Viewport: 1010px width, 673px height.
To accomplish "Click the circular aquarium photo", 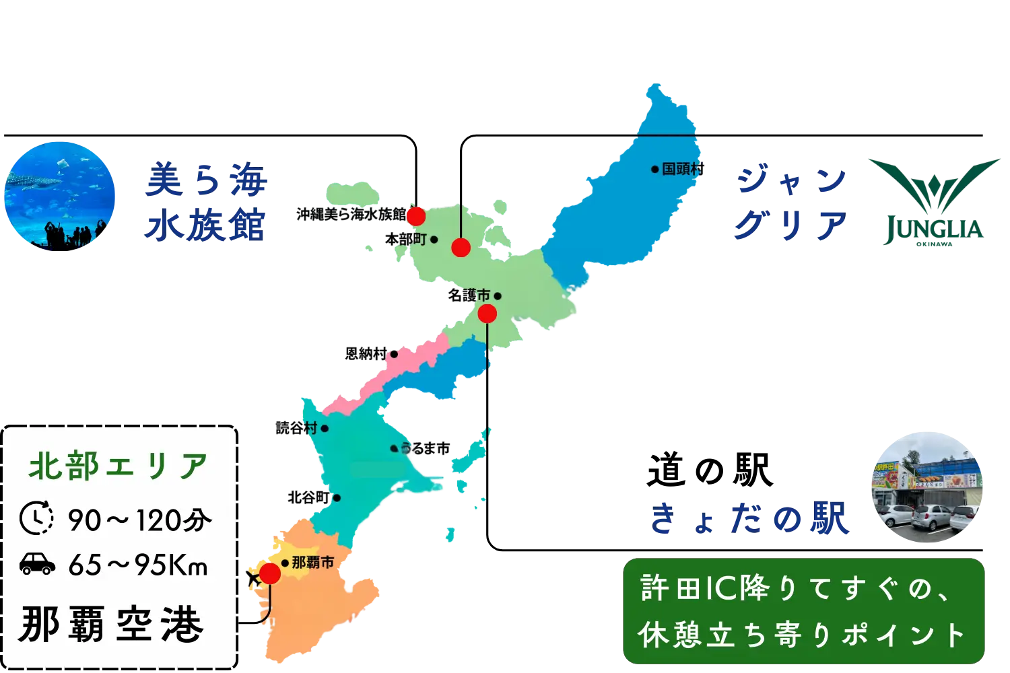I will (59, 195).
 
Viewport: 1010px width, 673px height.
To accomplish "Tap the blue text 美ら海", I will (205, 182).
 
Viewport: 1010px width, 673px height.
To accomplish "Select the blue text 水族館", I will (205, 225).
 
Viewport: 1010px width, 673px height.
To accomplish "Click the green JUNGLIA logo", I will (933, 202).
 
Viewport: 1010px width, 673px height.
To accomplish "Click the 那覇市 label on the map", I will (312, 563).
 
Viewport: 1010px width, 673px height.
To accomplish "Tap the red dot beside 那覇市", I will (270, 574).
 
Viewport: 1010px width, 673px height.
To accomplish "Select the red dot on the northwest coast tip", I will (415, 216).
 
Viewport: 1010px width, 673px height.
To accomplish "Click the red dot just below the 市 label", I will (487, 314).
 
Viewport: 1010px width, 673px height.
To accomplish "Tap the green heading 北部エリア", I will (119, 466).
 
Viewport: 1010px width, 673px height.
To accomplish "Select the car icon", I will (37, 564).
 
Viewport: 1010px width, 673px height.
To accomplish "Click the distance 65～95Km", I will (138, 565).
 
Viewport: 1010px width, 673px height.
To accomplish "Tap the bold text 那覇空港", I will (112, 625).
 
